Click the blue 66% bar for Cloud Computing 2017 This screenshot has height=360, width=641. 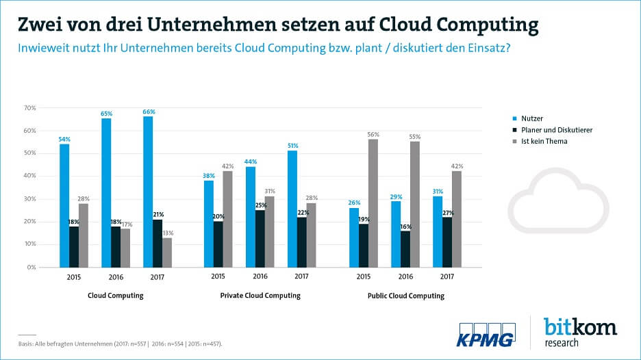coord(149,192)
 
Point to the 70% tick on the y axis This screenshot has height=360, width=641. coord(31,108)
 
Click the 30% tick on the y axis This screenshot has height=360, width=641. coord(31,199)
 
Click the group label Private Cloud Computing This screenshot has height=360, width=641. coord(260,296)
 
